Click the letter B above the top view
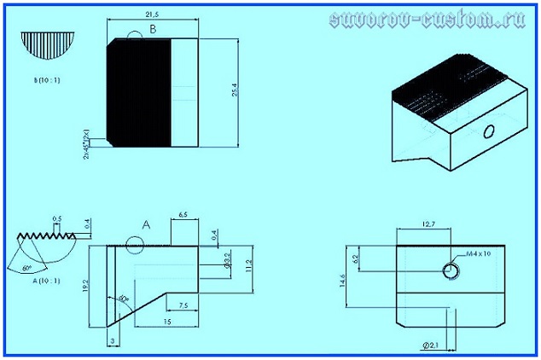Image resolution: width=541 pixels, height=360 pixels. [153, 29]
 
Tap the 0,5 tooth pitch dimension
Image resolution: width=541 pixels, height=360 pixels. [56, 218]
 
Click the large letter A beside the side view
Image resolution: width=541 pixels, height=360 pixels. [145, 225]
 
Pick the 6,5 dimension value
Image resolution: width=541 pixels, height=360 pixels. [183, 214]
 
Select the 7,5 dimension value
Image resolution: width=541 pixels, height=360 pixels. [183, 305]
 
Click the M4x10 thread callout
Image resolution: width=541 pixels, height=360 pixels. [480, 254]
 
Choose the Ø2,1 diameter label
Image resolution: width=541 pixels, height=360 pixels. [431, 344]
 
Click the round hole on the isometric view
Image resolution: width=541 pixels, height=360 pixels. [488, 131]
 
